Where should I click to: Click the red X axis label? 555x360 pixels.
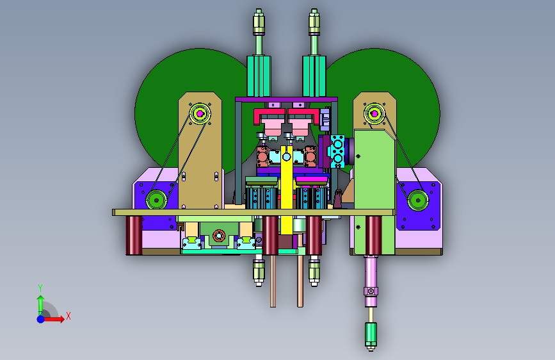(68, 316)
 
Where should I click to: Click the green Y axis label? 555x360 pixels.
(40, 288)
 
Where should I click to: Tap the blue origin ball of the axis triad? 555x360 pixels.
(41, 319)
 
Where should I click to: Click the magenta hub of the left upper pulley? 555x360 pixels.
(200, 113)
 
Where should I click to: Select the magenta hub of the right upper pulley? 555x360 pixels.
(374, 114)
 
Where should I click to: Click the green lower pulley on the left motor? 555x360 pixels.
(156, 200)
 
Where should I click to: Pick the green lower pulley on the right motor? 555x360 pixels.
(418, 200)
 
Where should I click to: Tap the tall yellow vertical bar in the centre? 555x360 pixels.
(287, 188)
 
